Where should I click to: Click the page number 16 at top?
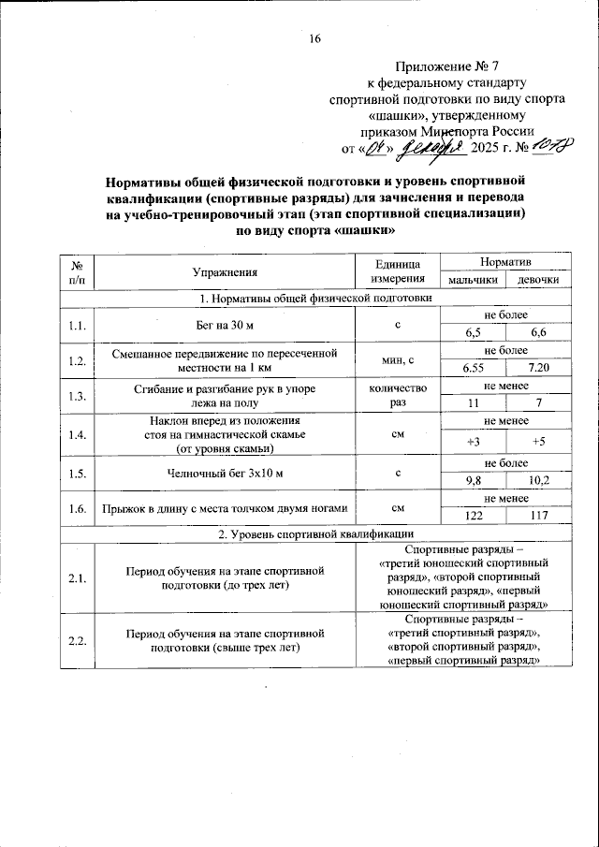(x=314, y=38)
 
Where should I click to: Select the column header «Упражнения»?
(x=225, y=271)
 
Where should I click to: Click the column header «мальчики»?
(x=472, y=280)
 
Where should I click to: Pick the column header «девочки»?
(x=538, y=280)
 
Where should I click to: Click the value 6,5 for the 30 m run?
(x=473, y=332)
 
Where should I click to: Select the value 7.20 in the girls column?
(x=538, y=368)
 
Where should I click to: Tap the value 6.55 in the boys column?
(x=473, y=368)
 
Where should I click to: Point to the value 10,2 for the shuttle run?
(x=538, y=481)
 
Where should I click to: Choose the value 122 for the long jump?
(x=473, y=517)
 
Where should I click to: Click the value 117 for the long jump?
(x=538, y=517)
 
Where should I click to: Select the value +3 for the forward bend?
(x=473, y=441)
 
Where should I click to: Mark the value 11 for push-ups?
(x=473, y=403)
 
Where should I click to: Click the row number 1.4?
(x=78, y=434)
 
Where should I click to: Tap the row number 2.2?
(x=78, y=640)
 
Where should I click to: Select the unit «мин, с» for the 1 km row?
(x=399, y=359)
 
